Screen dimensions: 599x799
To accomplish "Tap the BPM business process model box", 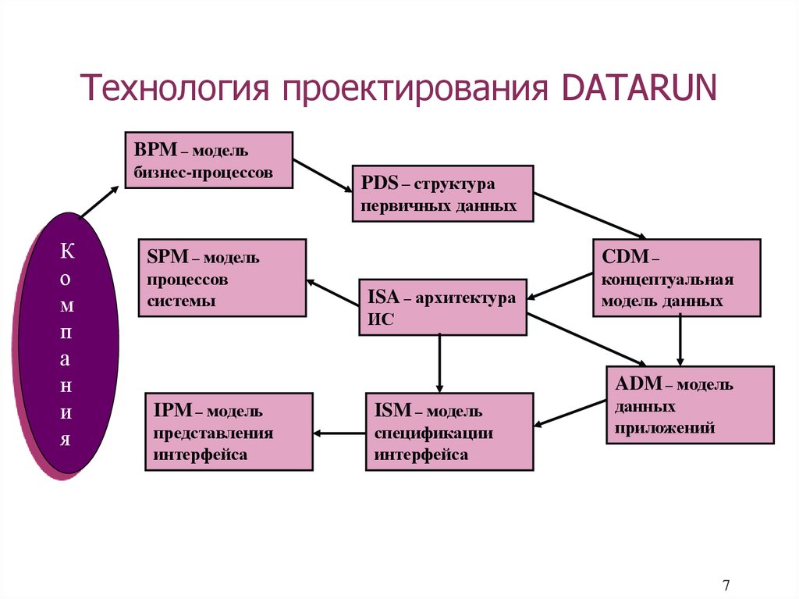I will pos(208,160).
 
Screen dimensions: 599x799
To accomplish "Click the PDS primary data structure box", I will pos(442,194).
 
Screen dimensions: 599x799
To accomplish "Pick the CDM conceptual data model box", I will pos(676,277).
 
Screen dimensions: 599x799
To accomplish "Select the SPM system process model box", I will pos(222,277).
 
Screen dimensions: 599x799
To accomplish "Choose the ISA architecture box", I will pos(442,307).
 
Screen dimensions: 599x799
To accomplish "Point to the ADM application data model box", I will pos(690,405).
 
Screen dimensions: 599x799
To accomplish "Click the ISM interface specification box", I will pos(449,431).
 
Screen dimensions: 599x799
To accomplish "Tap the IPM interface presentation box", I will pos(229,431).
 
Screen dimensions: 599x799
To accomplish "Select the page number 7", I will pos(726,585).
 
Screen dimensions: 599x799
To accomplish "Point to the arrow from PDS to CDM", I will pos(591,215).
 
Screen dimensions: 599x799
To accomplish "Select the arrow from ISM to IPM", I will pos(339,433).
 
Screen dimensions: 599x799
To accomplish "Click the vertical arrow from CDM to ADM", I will pos(680,341).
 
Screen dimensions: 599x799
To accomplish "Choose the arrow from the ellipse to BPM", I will pos(100,201).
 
